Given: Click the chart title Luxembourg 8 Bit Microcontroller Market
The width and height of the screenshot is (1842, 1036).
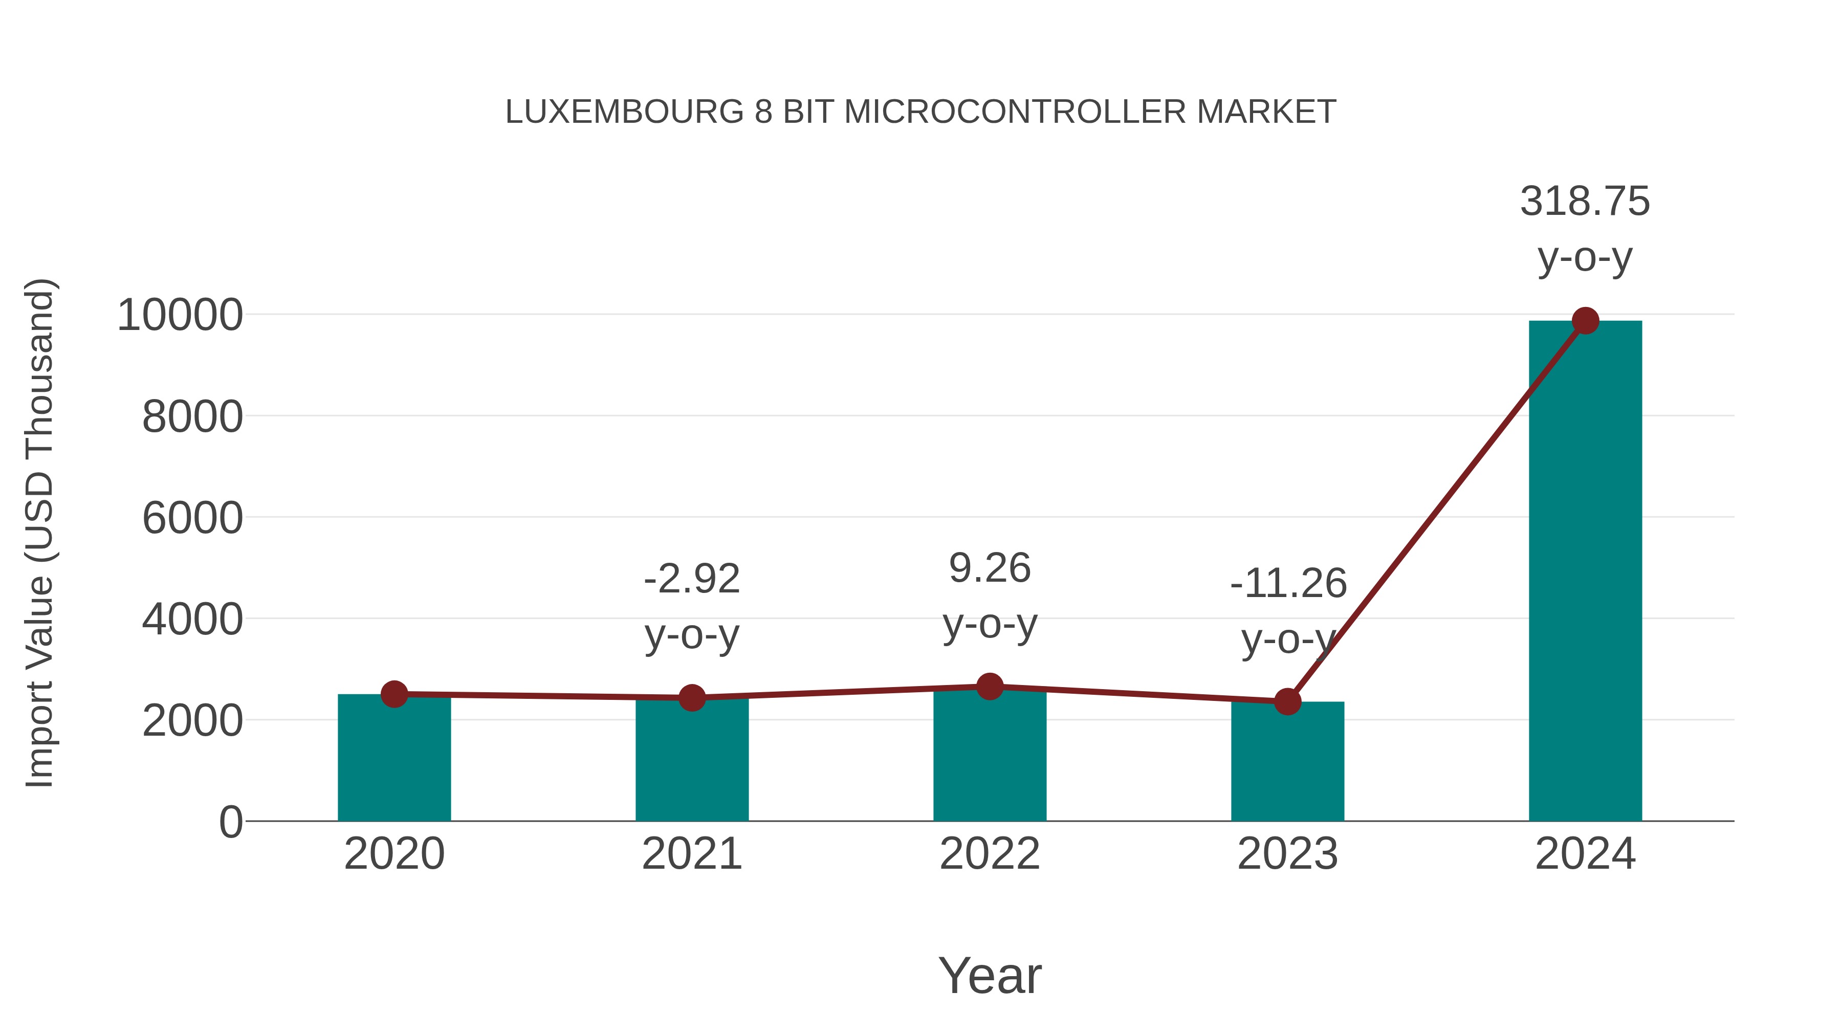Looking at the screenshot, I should click(x=920, y=112).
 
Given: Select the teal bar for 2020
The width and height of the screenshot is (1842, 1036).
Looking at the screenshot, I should click(x=394, y=761).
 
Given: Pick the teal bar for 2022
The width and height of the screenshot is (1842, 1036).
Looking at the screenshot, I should click(x=990, y=758).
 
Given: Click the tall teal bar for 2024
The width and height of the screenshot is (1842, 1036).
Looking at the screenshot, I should click(x=1585, y=572).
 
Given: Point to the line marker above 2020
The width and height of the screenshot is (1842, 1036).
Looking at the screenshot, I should click(x=394, y=694).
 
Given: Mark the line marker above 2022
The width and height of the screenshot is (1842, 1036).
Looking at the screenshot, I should click(x=990, y=687).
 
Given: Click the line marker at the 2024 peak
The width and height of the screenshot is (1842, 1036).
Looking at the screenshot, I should click(x=1585, y=321).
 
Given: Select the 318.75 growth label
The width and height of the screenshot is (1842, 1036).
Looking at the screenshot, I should click(x=1585, y=201).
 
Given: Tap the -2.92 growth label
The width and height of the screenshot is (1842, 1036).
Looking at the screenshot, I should click(x=691, y=579).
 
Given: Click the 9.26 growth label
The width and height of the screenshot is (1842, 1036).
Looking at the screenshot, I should click(x=990, y=568).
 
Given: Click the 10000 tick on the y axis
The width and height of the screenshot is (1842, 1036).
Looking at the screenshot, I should click(x=180, y=315).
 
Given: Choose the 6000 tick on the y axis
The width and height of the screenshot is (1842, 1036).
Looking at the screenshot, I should click(x=192, y=518).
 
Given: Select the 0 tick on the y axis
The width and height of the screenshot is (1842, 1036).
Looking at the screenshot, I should click(x=230, y=822).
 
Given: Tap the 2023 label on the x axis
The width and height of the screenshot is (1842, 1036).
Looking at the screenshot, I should click(x=1287, y=854).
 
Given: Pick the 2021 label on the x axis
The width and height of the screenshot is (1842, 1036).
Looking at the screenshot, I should click(x=691, y=854).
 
